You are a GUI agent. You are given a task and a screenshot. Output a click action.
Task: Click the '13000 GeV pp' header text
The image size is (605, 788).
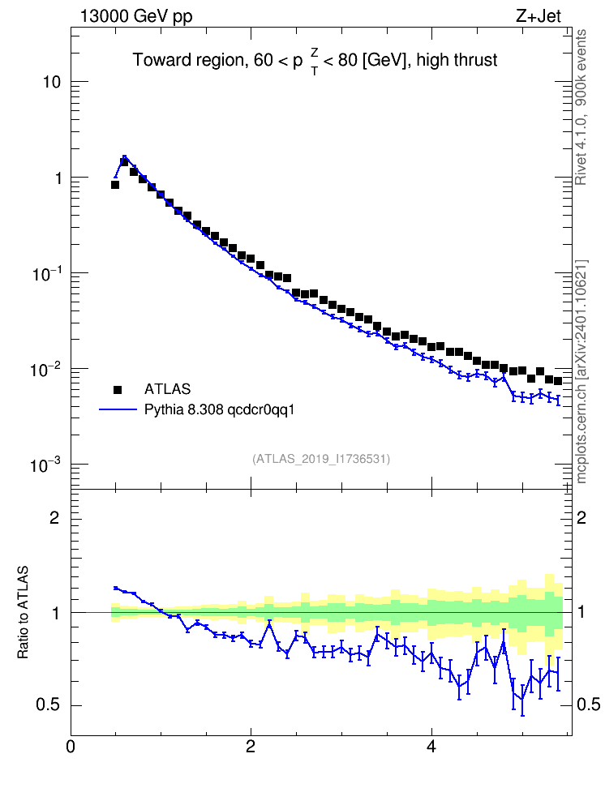pos(136,16)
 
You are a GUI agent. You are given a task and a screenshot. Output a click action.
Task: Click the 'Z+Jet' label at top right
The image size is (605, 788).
pos(538,16)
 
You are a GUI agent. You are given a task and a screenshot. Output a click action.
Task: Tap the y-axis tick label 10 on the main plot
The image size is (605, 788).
pos(52,82)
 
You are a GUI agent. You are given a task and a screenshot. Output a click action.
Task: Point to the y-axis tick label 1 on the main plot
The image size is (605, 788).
pos(58,178)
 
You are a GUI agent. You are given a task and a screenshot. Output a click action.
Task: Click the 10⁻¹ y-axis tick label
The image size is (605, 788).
pos(47,273)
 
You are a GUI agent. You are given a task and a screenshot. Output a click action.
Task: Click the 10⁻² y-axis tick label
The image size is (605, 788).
pos(47,370)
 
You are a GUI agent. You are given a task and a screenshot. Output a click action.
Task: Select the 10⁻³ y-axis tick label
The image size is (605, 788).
pos(47,465)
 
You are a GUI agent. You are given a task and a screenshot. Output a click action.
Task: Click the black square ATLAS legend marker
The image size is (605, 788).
pos(118,390)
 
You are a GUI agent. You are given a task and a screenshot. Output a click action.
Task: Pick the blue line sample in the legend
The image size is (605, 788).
pos(118,410)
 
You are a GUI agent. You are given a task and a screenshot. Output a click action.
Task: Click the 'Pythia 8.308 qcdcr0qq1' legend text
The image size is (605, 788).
pos(219,410)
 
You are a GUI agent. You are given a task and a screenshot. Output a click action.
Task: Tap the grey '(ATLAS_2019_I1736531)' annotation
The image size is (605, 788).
pos(321,459)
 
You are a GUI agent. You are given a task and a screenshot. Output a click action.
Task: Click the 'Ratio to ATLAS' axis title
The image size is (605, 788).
pos(23,612)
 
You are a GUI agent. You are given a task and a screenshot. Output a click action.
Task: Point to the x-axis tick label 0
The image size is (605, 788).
pos(71,747)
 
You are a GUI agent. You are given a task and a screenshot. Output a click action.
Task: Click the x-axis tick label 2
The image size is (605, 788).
pos(251,747)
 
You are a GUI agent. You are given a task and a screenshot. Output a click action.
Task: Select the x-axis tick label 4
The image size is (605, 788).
pos(431,747)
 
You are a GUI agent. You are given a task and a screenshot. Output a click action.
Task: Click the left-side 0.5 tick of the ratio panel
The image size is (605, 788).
pos(49,705)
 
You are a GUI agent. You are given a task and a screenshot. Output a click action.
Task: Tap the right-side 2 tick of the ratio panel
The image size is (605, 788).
pos(581,518)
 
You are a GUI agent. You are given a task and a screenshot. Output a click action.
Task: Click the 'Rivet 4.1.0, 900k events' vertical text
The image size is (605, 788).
pos(581,107)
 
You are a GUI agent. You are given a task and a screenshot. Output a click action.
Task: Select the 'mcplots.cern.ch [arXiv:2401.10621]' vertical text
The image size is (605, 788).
pos(581,372)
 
